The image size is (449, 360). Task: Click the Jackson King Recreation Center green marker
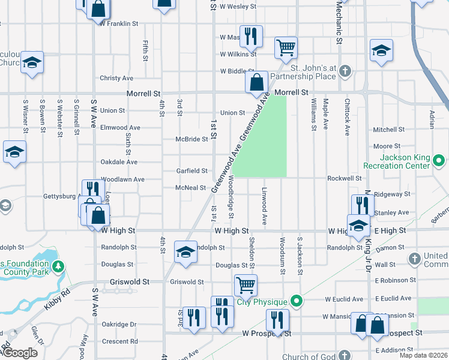(x=438, y=161)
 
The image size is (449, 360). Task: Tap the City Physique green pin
(x=295, y=301)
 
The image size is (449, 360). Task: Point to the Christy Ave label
(x=116, y=78)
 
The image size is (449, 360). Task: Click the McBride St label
(x=192, y=139)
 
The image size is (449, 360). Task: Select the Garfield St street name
(x=192, y=171)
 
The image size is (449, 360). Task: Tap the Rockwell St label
(x=345, y=178)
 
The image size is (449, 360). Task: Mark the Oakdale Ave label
(x=119, y=162)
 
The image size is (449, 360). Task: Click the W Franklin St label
(x=119, y=24)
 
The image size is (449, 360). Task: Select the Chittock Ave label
(x=348, y=115)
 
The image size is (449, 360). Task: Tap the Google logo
(x=19, y=353)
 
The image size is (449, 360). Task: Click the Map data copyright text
(x=423, y=355)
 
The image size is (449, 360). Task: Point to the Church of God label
(x=309, y=357)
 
